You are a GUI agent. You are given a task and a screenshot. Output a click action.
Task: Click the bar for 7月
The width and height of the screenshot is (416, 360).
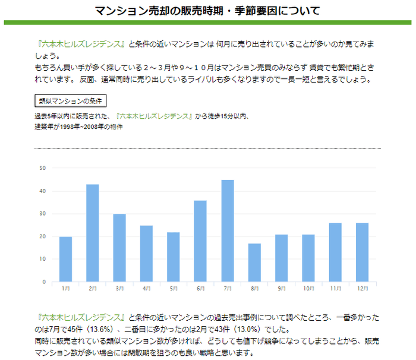[x=228, y=230]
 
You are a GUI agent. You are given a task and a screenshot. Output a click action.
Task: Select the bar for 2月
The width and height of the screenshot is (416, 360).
[x=93, y=233]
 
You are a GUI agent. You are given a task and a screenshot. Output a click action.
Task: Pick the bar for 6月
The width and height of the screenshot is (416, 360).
[x=200, y=241]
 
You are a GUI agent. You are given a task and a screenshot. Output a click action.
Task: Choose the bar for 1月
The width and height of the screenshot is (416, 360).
[x=65, y=259]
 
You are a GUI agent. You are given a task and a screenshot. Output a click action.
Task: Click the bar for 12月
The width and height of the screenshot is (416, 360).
[x=363, y=252]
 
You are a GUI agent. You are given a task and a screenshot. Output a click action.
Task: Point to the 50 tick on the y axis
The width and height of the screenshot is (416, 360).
[x=42, y=168]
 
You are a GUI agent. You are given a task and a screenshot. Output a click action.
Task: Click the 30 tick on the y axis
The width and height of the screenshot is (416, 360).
[x=42, y=214]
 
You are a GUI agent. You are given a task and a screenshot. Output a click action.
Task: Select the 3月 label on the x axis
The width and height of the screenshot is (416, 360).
[x=119, y=289]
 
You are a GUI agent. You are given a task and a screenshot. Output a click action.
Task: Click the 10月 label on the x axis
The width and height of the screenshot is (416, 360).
[x=308, y=289]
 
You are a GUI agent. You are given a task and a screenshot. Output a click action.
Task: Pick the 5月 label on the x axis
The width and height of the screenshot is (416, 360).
[x=174, y=289]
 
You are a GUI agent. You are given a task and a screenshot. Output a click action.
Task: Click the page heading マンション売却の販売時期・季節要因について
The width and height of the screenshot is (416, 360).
[x=208, y=11]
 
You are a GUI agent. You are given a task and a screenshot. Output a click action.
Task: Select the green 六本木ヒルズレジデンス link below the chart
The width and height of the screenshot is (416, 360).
[x=81, y=317]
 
